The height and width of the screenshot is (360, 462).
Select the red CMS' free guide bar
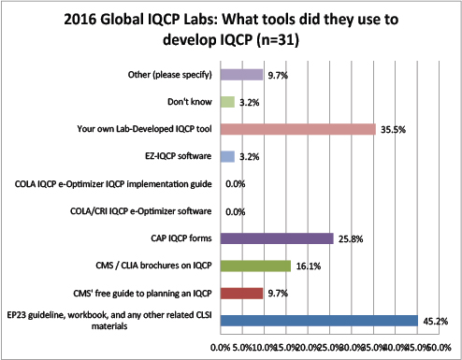[241, 294]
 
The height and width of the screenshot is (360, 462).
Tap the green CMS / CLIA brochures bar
[255, 266]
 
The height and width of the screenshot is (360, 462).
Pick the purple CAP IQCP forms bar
[277, 238]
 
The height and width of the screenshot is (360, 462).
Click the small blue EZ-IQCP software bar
[227, 156]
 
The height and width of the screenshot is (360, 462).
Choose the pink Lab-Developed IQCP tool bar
[297, 129]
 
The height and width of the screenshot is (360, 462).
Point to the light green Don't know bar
[227, 102]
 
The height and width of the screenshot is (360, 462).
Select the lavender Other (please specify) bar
[241, 74]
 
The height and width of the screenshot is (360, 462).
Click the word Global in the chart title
[125, 18]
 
